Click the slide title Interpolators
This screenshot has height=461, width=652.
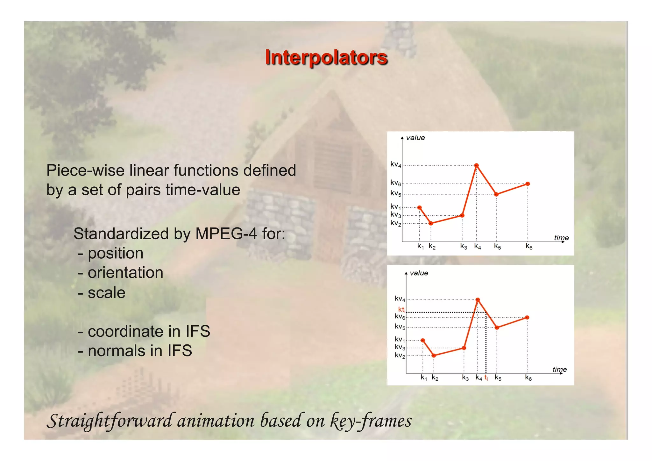(326, 58)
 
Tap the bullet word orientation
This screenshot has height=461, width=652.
(125, 273)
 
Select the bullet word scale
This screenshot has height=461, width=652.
(107, 293)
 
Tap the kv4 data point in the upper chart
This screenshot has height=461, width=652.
(476, 165)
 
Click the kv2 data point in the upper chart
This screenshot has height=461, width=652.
(431, 223)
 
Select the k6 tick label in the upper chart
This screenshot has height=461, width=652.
(529, 247)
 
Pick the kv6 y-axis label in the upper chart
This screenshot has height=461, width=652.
(396, 183)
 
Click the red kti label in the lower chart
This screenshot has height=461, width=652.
(401, 309)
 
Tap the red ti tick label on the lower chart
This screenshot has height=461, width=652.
(486, 378)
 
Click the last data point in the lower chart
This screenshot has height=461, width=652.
(527, 317)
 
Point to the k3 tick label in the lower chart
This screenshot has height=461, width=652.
(465, 378)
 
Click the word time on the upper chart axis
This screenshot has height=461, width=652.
(561, 238)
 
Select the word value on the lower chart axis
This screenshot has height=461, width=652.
(419, 273)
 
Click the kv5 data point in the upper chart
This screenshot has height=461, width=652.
(496, 194)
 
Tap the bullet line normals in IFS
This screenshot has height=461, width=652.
(135, 351)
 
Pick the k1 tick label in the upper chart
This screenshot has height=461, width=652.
(421, 247)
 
